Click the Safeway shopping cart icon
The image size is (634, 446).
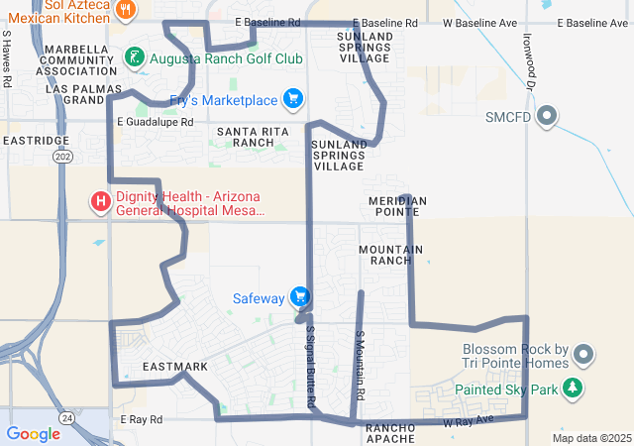coord(300,297)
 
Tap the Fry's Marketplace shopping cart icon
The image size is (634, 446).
coord(292,99)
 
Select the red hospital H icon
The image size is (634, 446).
coord(100,203)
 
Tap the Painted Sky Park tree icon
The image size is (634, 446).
coord(573,389)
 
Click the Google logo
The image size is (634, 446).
coord(33,434)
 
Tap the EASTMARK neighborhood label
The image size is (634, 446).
coord(175,367)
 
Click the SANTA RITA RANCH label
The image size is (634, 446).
coord(246,137)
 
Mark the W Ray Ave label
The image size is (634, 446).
coord(469,423)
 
